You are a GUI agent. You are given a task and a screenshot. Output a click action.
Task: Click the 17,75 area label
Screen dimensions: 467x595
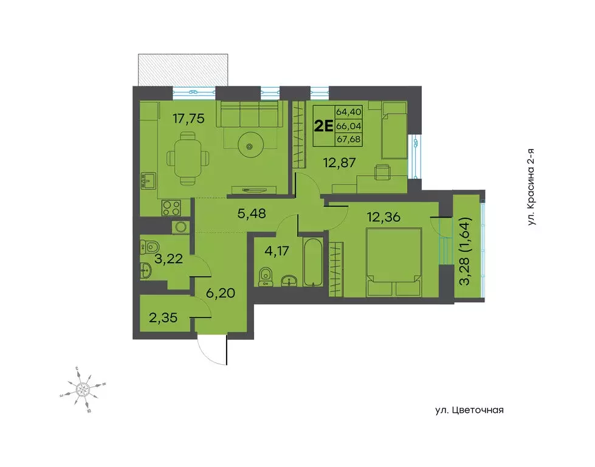coord(188,119)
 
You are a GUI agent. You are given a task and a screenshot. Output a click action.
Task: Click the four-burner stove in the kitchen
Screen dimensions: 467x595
coord(171,207)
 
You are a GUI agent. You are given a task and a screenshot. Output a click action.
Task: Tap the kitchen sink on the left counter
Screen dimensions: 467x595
coord(147,181)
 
